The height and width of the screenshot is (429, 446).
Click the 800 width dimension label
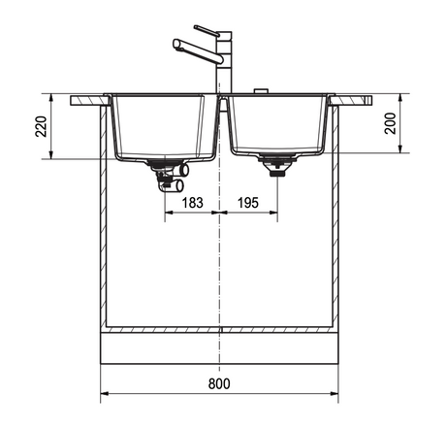pyautogui.click(x=219, y=383)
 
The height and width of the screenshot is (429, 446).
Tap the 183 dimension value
pyautogui.click(x=193, y=203)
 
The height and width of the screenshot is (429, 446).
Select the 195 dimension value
pyautogui.click(x=248, y=203)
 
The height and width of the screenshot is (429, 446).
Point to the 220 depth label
pyautogui.click(x=42, y=126)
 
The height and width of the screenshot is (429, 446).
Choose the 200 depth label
pyautogui.click(x=391, y=123)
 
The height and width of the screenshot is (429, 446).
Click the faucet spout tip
pyautogui.click(x=176, y=44)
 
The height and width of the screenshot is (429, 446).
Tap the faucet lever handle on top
pyautogui.click(x=207, y=30)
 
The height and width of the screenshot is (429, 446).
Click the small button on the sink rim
pyautogui.click(x=261, y=90)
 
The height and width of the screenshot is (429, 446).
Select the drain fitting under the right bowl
pyautogui.click(x=277, y=165)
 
